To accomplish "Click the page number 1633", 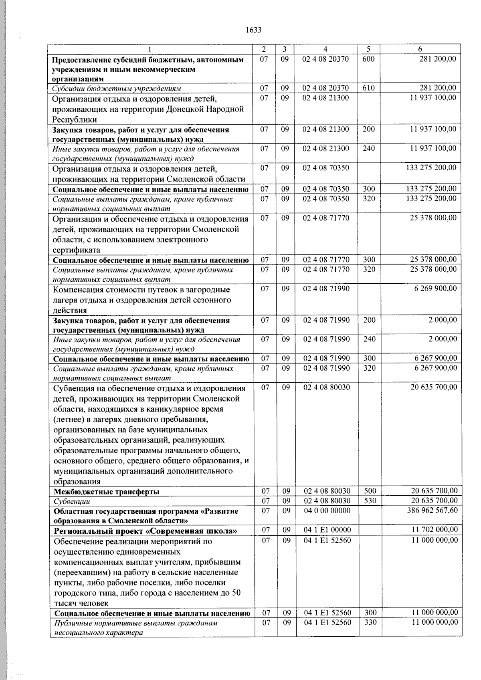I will coord(253,30).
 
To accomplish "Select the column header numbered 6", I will coord(420,49).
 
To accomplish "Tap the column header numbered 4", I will coord(325,49).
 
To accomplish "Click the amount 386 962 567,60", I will coord(431,511).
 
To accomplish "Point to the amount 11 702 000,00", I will coord(434,530).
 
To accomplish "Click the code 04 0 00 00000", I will coord(327,511).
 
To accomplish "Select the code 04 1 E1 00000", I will coord(327,530).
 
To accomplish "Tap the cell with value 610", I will coord(368,88).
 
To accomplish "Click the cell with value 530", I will coord(369,501).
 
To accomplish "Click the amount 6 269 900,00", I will coord(435,289).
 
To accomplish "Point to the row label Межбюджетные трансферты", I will coord(107,492).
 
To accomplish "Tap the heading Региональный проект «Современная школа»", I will coord(146,531).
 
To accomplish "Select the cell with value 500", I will coord(369,491).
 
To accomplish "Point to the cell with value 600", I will coord(368,59).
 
